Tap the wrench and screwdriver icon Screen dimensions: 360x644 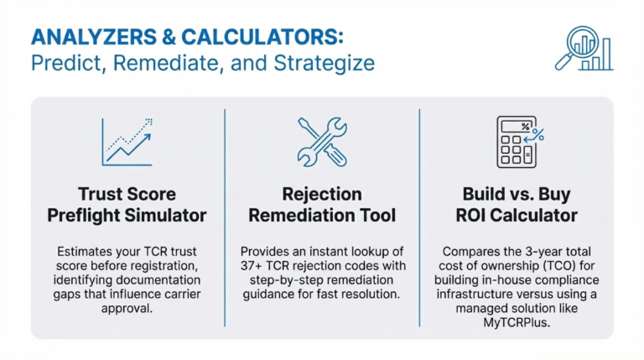click(x=322, y=141)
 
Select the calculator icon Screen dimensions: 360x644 click(x=517, y=141)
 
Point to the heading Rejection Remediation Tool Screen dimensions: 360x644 click(x=322, y=204)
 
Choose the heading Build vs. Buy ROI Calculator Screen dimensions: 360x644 click(x=517, y=204)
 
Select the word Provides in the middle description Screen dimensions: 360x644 click(x=269, y=251)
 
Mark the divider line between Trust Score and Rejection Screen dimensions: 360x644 click(x=224, y=217)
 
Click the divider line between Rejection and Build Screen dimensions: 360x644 click(x=418, y=217)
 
